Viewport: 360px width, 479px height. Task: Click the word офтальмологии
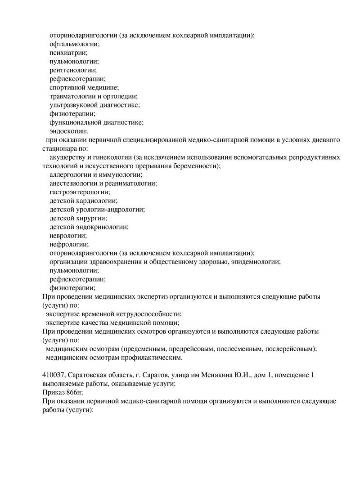point(74,44)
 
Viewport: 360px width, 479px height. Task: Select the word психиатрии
point(68,53)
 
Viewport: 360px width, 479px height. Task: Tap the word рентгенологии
point(73,70)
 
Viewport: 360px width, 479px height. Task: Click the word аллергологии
point(70,175)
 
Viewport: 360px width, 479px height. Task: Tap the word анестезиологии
point(73,184)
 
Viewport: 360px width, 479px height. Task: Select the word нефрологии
point(69,245)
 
